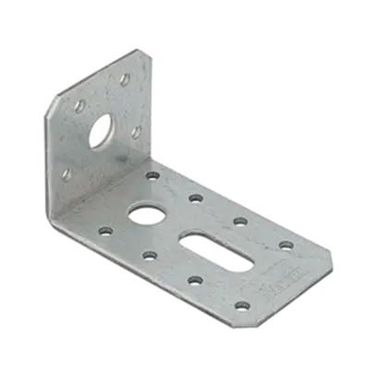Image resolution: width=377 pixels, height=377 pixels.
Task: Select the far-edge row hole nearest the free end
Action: pyautogui.click(x=286, y=245)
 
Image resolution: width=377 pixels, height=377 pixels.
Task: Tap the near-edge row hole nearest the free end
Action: pyautogui.click(x=242, y=305)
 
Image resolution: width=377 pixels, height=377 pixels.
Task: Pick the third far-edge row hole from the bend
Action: pyautogui.click(x=240, y=220)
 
